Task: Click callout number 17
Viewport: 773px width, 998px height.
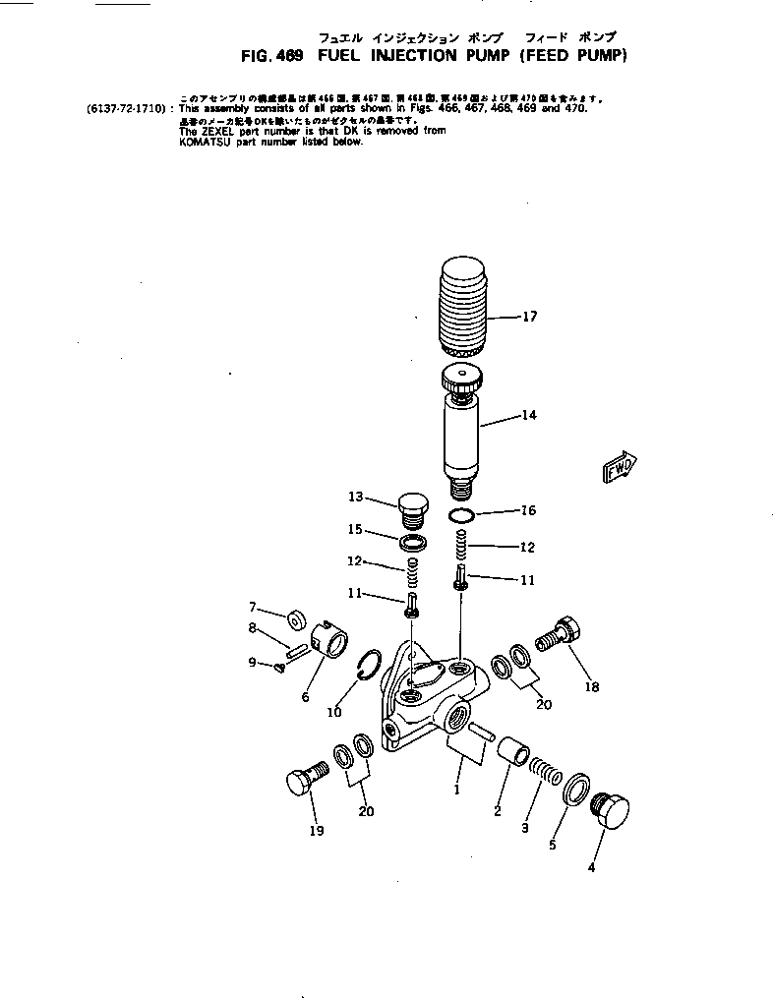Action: [x=529, y=317]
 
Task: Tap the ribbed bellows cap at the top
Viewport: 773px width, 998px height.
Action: [x=460, y=306]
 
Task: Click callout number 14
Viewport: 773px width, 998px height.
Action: [x=529, y=415]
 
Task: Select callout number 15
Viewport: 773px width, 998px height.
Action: [x=355, y=529]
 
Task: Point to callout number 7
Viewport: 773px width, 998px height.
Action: [x=252, y=606]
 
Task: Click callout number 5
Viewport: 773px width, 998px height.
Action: [x=552, y=845]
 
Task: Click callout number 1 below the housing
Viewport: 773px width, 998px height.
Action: [x=455, y=789]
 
